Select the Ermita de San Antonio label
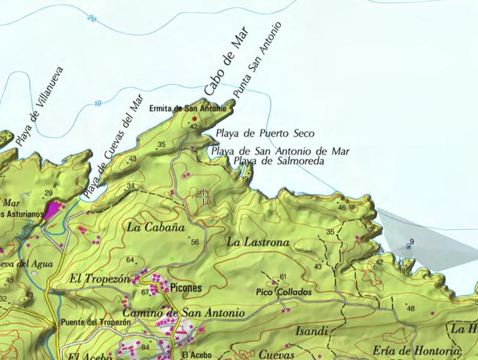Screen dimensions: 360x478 196,109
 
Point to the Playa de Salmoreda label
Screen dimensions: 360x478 278,161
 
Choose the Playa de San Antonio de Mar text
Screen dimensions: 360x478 280,151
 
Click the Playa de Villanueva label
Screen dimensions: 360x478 39,107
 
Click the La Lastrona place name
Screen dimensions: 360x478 258,242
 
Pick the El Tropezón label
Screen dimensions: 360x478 100,278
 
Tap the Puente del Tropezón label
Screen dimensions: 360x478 95,322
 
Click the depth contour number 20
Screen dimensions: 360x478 91,18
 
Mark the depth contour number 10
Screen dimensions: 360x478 97,104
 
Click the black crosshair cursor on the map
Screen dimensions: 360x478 204,197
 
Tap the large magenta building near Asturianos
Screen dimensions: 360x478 55,210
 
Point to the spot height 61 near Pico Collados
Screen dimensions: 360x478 283,277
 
